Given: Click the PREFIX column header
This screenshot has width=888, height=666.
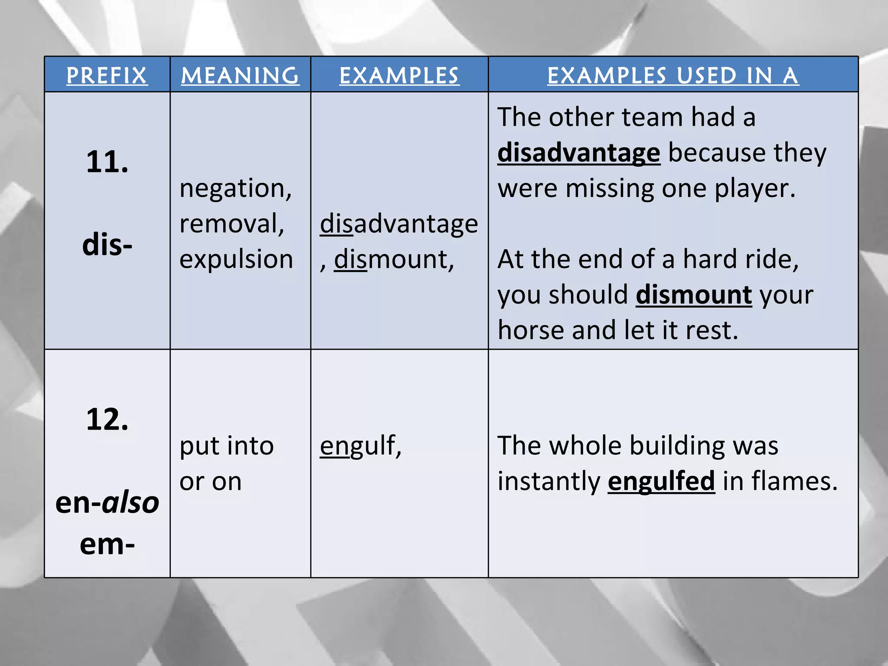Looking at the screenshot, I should coord(107,76).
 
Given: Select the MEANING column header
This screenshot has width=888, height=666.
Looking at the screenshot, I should coord(240,76).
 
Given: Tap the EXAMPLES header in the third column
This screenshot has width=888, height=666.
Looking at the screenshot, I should coord(399,76).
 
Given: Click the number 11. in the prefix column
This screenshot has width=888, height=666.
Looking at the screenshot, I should coord(107,162).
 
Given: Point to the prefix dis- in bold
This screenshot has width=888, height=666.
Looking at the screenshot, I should coord(107,245).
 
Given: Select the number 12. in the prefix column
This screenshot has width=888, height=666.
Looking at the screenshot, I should coord(107,420).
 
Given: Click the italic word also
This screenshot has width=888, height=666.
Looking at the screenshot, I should coord(131,503).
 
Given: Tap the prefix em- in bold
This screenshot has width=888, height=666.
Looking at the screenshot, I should coord(107,544).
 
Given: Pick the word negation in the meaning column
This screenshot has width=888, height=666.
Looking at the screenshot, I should coord(235,189).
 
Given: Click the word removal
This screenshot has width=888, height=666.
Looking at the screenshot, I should coord(232,224).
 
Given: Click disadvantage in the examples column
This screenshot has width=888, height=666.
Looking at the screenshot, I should coord(399,224).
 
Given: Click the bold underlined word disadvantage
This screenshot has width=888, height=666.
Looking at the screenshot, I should coord(578,153).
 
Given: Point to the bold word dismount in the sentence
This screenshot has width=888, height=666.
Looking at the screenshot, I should coord(694,295).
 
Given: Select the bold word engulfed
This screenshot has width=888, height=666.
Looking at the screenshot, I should coord(661,481).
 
